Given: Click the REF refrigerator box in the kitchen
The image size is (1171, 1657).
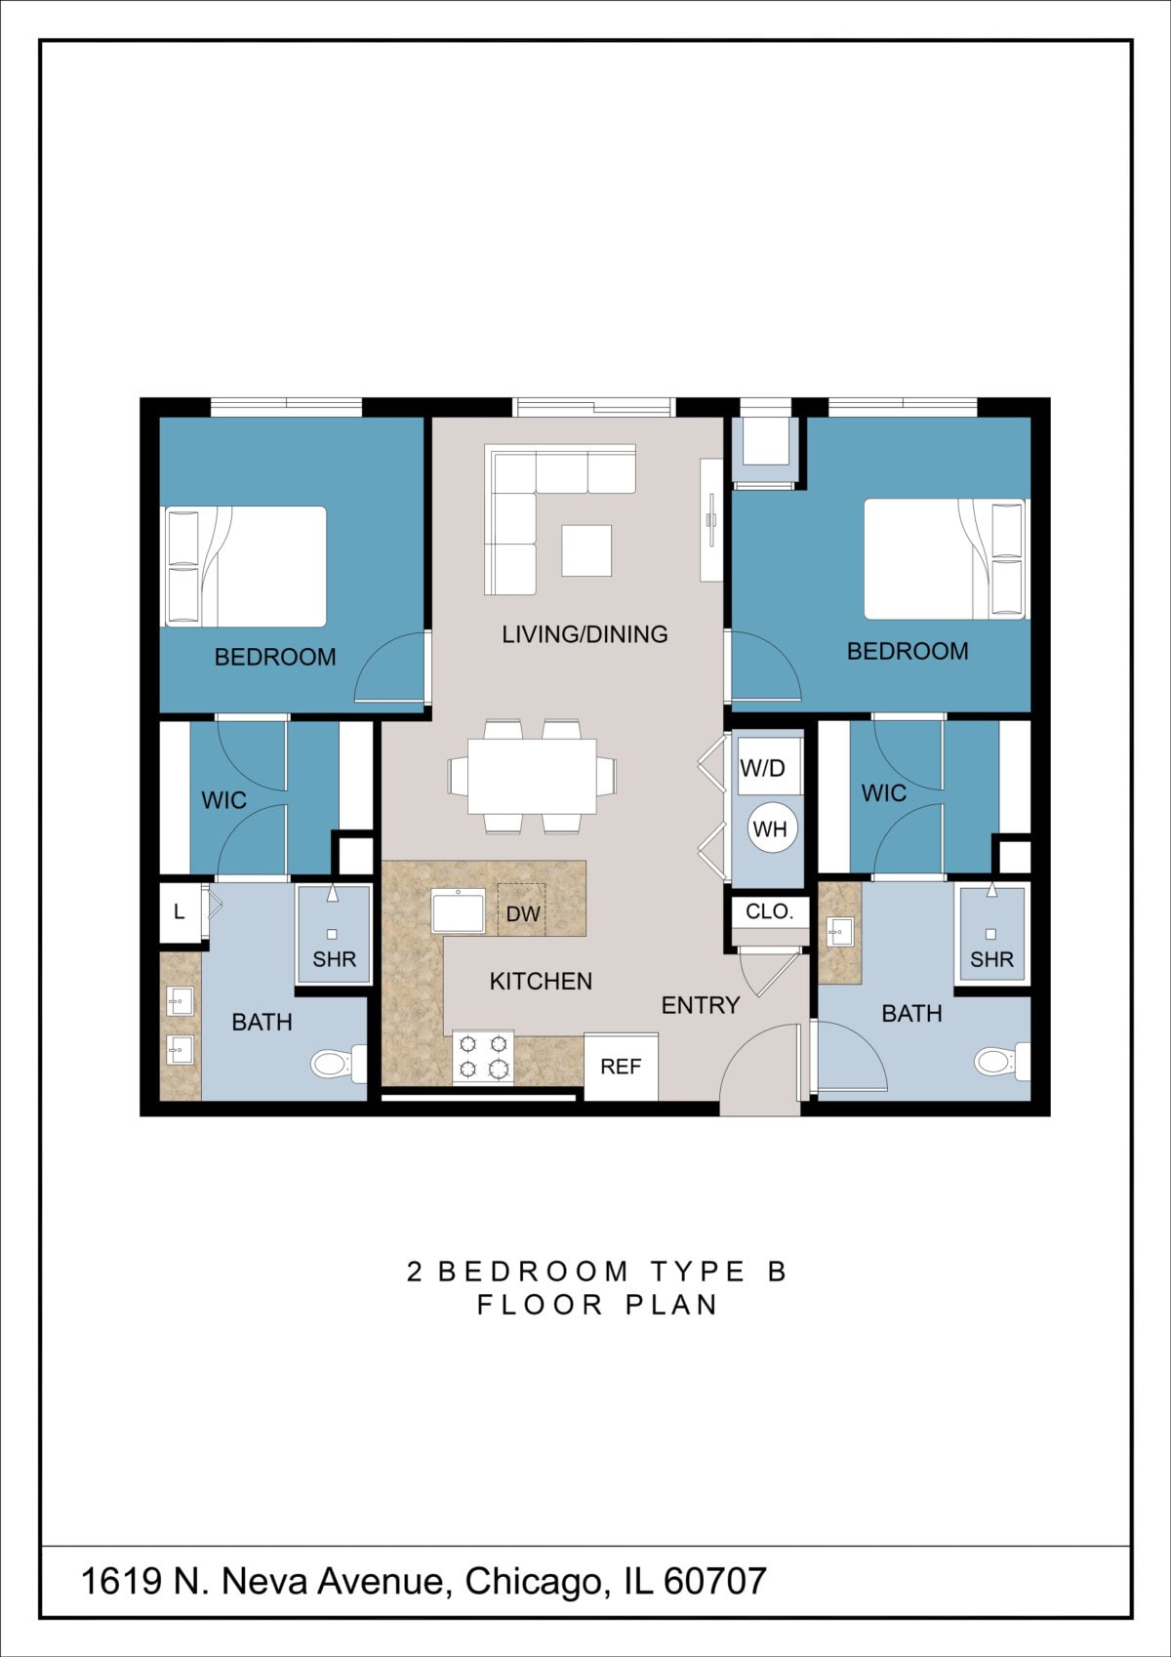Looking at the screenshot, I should (x=621, y=1067).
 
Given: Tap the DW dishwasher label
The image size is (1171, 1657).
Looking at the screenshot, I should (x=522, y=913).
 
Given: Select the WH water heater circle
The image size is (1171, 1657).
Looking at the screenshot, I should (x=770, y=829).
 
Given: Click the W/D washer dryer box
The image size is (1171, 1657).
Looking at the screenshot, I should (x=763, y=768).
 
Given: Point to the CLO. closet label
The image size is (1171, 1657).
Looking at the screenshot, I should (x=769, y=911).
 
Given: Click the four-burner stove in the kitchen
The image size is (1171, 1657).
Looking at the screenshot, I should (x=483, y=1057).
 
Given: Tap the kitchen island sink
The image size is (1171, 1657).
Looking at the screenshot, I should (x=458, y=910).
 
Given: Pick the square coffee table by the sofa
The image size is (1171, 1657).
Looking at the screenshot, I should (x=586, y=550).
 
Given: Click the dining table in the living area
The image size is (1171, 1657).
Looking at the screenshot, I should (x=532, y=776).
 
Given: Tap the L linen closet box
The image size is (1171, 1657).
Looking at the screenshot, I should (x=180, y=912).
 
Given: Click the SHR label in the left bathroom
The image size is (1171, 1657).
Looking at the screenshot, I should (x=334, y=959).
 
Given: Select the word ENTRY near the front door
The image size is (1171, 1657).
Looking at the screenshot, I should (x=700, y=1005).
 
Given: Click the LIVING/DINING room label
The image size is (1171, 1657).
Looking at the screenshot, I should (x=585, y=634).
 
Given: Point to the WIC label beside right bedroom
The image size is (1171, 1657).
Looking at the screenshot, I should (x=883, y=793).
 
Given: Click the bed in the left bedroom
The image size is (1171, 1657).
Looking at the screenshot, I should (x=246, y=566).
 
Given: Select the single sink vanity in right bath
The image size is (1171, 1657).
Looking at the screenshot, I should (x=839, y=932).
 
